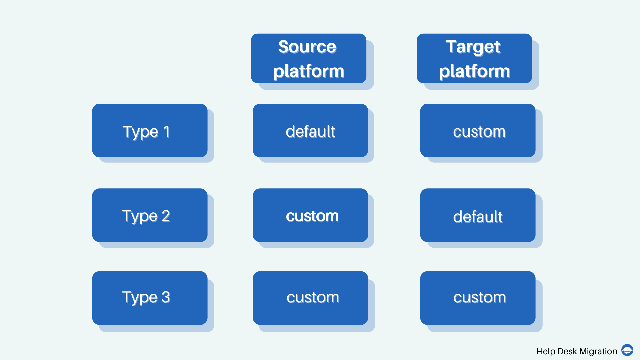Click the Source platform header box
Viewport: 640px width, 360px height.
pos(309,58)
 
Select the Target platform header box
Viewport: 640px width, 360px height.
pos(474,58)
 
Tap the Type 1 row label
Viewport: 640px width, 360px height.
pos(150,130)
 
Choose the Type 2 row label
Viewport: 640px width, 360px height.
pos(150,215)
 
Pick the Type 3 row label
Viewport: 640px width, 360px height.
pos(150,298)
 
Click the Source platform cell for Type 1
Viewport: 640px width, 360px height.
pos(310,130)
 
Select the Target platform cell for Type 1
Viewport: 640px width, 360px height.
pos(478,130)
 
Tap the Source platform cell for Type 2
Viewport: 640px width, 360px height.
pos(310,215)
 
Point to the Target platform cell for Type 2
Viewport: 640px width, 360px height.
pos(478,215)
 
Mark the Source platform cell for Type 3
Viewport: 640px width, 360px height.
pos(310,298)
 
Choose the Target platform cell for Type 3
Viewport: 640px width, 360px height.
pos(478,298)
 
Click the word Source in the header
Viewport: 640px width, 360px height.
pos(307,47)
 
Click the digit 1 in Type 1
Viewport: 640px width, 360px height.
pos(167,131)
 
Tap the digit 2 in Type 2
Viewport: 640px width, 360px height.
pos(166,216)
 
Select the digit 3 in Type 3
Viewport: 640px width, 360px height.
pos(166,297)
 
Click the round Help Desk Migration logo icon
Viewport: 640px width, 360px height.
pos(627,350)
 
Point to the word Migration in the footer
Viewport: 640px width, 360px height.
pos(598,352)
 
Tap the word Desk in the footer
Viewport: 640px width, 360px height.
pos(567,351)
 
